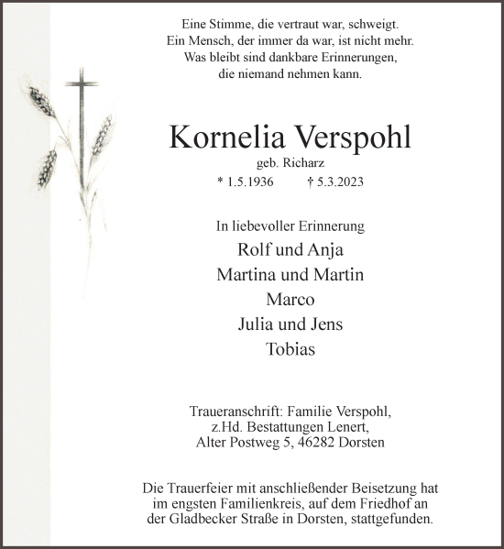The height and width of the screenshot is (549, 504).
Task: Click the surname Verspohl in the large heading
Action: (352, 137)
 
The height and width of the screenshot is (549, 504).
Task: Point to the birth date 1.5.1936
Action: (247, 182)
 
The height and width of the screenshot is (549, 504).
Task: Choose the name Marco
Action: (290, 299)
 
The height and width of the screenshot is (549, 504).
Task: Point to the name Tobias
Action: (290, 348)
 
